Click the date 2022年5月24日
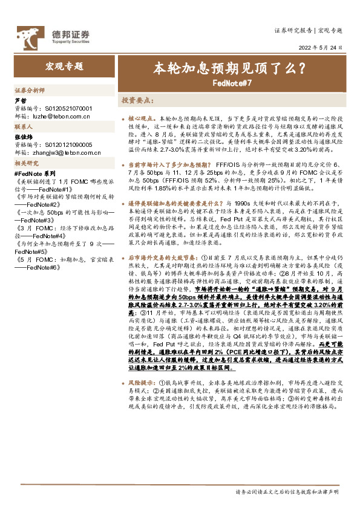pyautogui.click(x=321, y=47)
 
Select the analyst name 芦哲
pyautogui.click(x=21, y=101)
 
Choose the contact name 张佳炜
pyautogui.click(x=24, y=138)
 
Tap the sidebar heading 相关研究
pyautogui.click(x=27, y=164)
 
